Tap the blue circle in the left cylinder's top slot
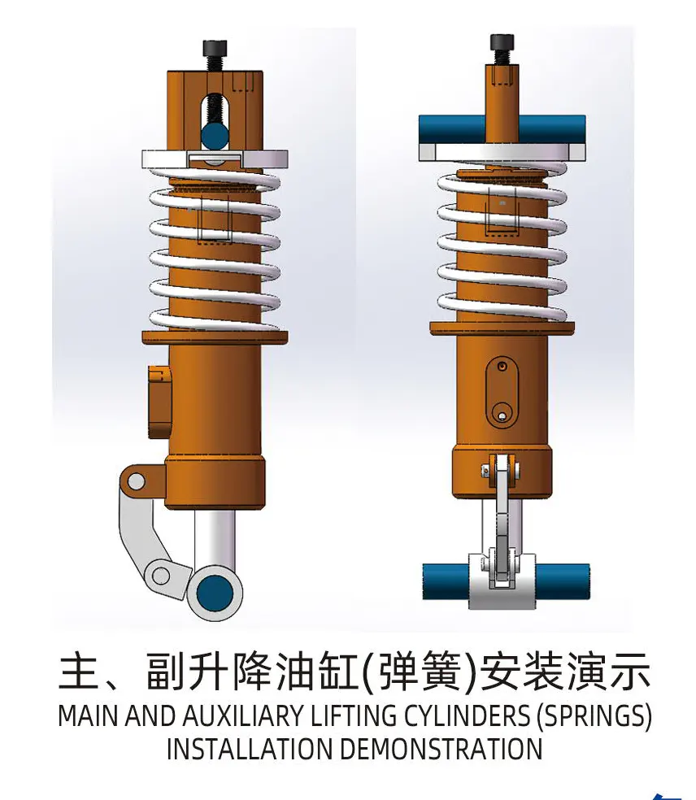click(x=215, y=134)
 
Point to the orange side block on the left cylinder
click(x=159, y=402)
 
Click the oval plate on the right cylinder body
click(x=502, y=392)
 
